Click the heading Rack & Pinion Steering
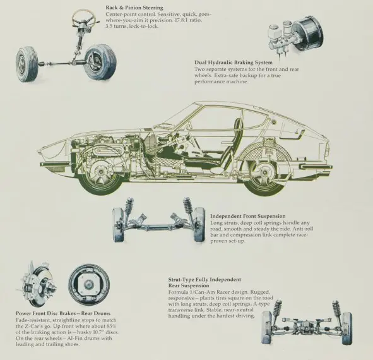click(x=134, y=8)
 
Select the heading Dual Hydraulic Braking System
click(x=234, y=63)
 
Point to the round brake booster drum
click(x=307, y=33)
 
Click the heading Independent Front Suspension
click(x=248, y=216)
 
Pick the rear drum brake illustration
click(x=89, y=284)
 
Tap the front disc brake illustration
click(x=37, y=284)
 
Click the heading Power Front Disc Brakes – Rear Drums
click(x=63, y=313)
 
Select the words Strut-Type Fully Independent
click(x=204, y=280)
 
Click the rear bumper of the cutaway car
click(x=316, y=166)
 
